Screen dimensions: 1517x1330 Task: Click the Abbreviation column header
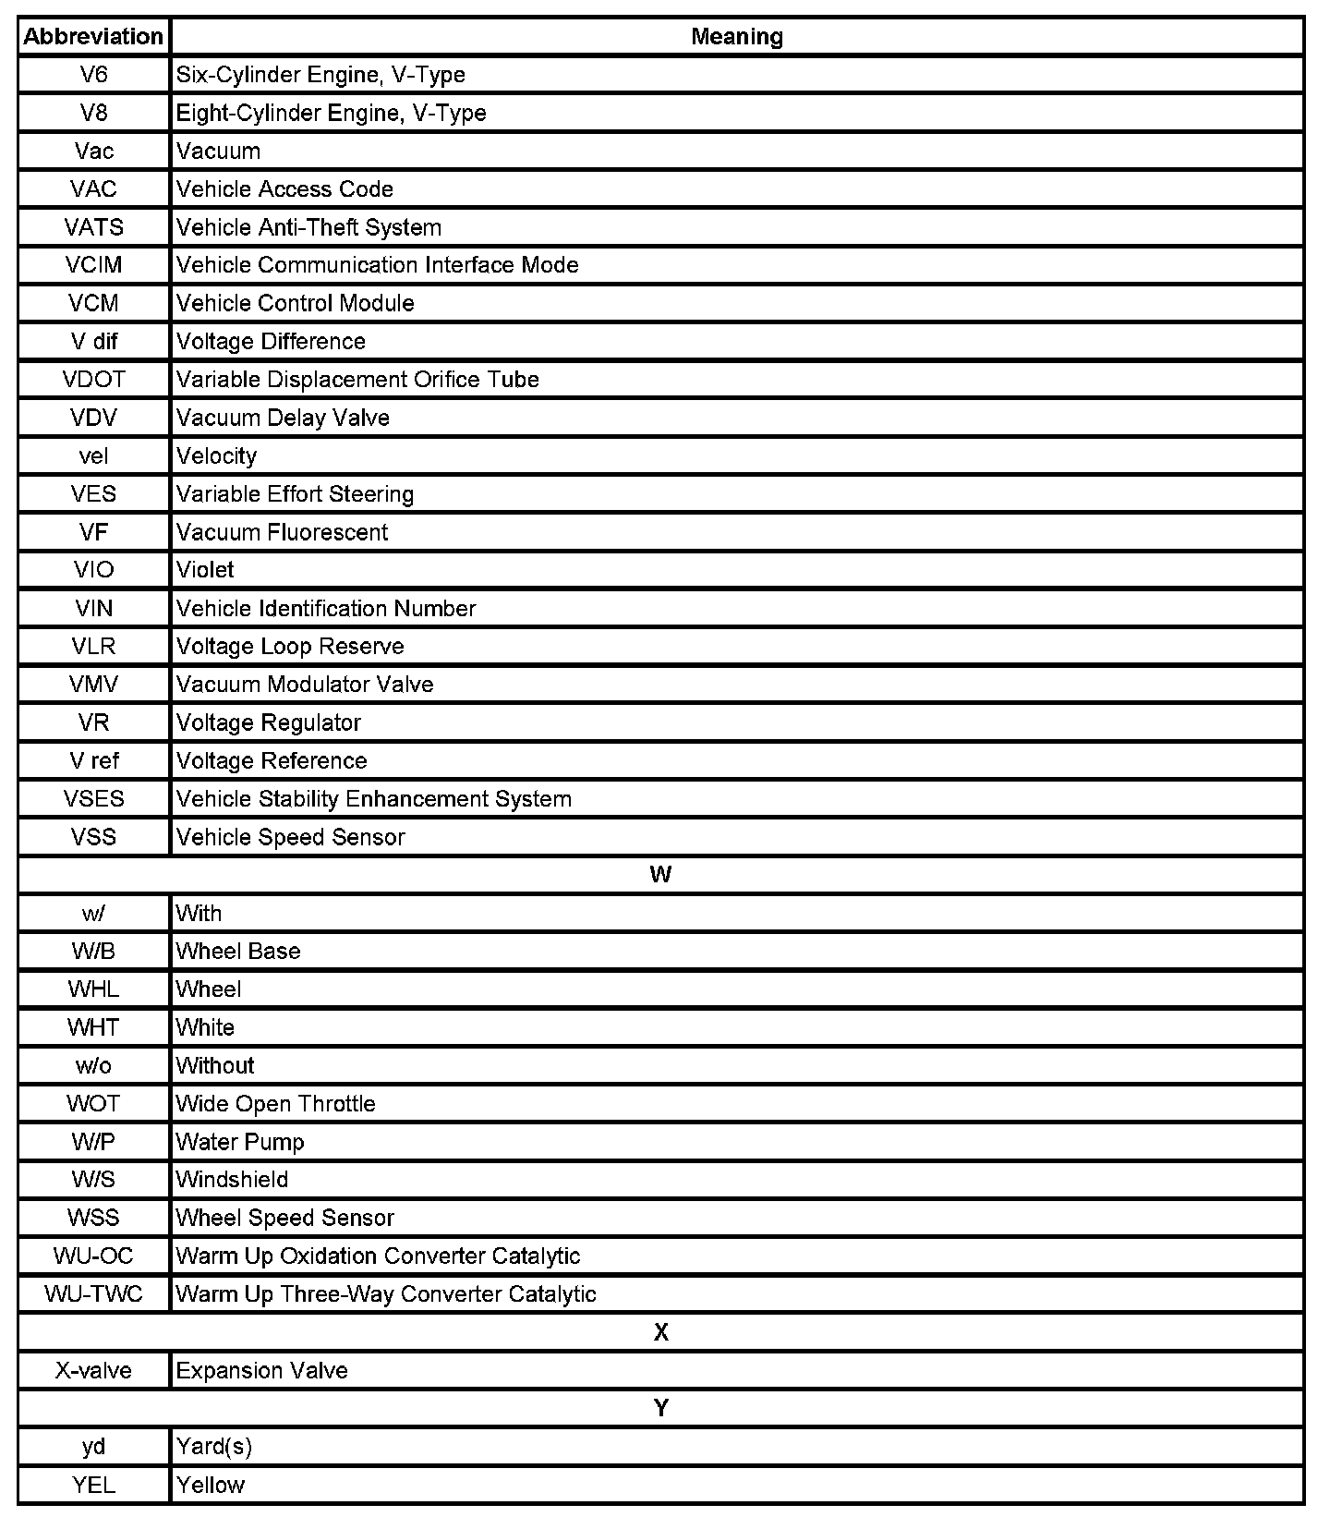(x=93, y=37)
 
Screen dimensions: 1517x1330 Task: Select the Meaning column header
(x=737, y=37)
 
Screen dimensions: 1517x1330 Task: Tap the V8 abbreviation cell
(x=93, y=113)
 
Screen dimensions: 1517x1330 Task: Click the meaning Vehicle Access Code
(x=284, y=189)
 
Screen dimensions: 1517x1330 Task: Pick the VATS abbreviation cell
(x=93, y=227)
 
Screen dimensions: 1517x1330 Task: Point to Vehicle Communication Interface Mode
(x=377, y=265)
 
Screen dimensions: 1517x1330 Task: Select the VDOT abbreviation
(x=93, y=380)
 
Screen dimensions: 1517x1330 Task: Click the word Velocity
(x=216, y=455)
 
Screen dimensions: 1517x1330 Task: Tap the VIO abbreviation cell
(x=93, y=570)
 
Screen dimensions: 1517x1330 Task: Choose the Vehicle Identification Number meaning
(x=326, y=609)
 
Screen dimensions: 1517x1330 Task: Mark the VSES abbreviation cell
(x=93, y=799)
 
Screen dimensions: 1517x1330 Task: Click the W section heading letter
(x=660, y=875)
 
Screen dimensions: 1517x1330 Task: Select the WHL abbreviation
(x=93, y=989)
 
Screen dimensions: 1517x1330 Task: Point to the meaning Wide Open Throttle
(x=275, y=1104)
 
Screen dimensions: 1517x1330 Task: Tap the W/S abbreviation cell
(x=93, y=1180)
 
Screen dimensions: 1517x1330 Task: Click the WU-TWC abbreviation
(x=93, y=1294)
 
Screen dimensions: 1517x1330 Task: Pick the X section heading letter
(x=660, y=1332)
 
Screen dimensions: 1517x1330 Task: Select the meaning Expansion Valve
(x=261, y=1370)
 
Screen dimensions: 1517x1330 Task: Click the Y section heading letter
(x=660, y=1408)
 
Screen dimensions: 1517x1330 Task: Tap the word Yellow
(x=211, y=1485)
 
